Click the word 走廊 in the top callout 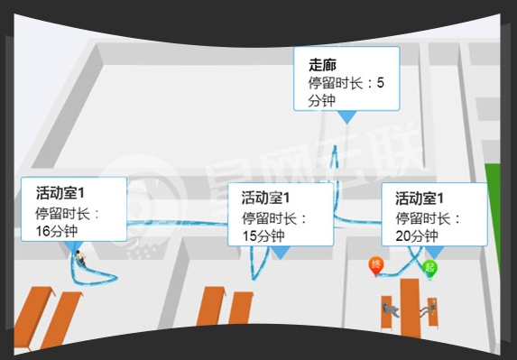click(321, 65)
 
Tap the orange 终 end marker click(376, 264)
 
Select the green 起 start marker click(430, 267)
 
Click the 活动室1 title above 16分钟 click(60, 193)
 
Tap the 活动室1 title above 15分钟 click(267, 198)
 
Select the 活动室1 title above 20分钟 click(420, 198)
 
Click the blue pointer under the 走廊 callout click(346, 117)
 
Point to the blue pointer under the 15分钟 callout click(281, 253)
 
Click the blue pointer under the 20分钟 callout click(434, 252)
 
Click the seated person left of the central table click(390, 309)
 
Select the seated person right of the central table click(431, 309)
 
